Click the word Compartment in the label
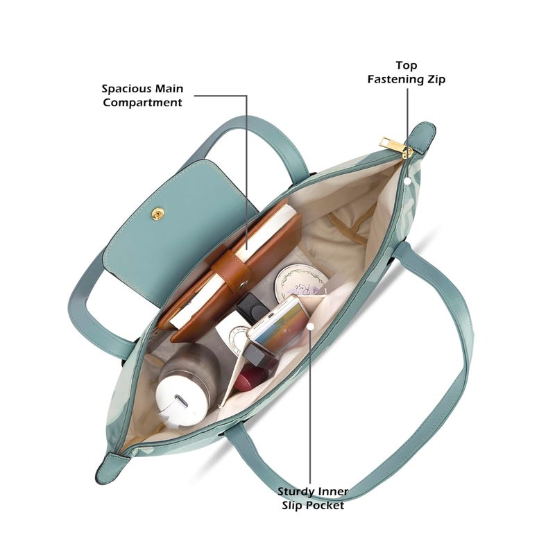[142, 103]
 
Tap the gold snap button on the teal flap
[157, 214]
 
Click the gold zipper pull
[395, 147]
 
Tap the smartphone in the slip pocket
[279, 325]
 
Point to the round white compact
[302, 283]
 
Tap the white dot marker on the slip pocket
[310, 327]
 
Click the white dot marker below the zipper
[407, 181]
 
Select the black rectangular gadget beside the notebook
[252, 308]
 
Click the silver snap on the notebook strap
[243, 284]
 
